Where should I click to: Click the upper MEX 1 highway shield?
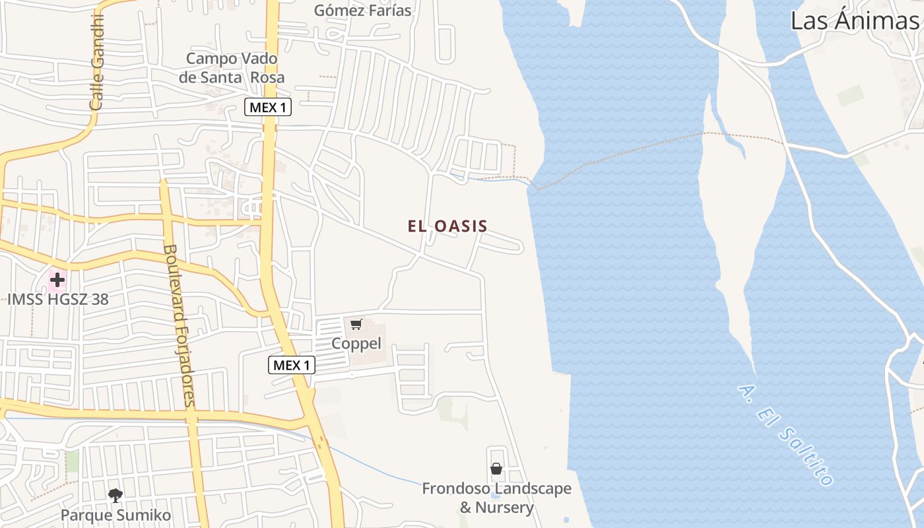click(x=268, y=107)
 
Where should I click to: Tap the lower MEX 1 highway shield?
click(x=291, y=365)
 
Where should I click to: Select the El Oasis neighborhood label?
click(x=447, y=226)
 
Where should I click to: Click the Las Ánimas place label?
click(x=854, y=21)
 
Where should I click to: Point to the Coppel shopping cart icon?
click(x=356, y=324)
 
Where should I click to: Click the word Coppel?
click(x=356, y=344)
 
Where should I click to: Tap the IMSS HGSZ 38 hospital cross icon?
click(x=57, y=280)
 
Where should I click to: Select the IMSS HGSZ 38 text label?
click(x=58, y=299)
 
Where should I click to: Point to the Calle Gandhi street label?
click(x=97, y=62)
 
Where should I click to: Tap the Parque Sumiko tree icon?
click(x=115, y=495)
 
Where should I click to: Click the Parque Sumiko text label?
click(x=115, y=515)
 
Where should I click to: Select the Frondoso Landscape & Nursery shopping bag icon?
click(x=496, y=469)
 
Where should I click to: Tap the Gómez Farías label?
click(x=362, y=11)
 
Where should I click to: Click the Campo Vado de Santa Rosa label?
click(x=232, y=68)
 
